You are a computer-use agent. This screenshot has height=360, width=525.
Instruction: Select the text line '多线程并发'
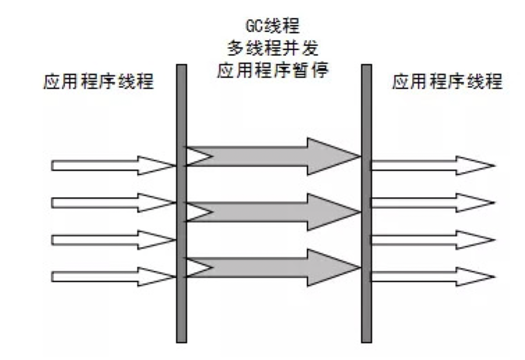[272, 49]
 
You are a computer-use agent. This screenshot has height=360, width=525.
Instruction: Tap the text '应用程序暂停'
[272, 71]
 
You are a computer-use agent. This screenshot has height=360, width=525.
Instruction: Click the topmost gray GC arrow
[274, 156]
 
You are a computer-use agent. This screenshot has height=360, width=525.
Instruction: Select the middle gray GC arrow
[274, 212]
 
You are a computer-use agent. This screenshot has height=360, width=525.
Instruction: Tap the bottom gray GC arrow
[274, 267]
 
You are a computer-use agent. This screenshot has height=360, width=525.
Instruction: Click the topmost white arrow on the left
[111, 166]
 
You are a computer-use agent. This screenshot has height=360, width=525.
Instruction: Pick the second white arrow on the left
[111, 203]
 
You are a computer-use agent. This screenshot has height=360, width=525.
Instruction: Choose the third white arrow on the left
[111, 240]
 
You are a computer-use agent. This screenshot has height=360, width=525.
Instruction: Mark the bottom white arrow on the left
[111, 277]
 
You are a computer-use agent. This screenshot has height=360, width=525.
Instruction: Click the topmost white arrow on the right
[431, 166]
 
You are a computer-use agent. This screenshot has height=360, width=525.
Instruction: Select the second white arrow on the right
[431, 203]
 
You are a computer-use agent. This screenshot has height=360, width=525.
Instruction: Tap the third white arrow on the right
[431, 240]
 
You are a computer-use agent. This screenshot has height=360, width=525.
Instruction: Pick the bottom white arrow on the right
[431, 277]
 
